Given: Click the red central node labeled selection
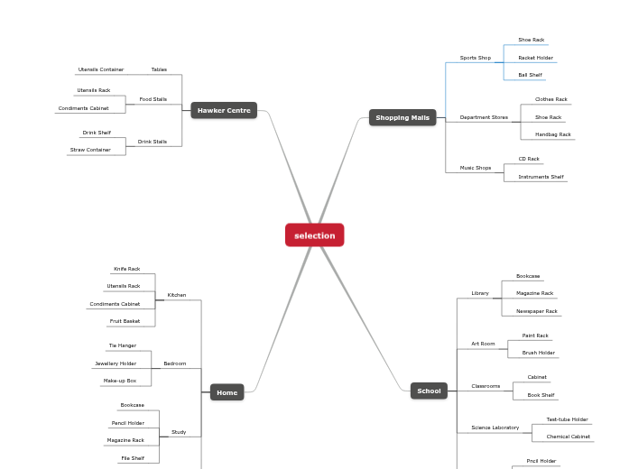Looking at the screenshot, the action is [x=314, y=235].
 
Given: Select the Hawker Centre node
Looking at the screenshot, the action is [x=224, y=110].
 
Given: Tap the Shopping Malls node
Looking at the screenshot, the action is [x=402, y=117].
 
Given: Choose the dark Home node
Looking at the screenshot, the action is [x=227, y=392].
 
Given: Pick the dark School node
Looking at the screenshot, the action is [x=429, y=391].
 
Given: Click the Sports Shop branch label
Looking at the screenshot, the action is [x=475, y=58].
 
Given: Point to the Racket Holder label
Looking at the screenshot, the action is [x=535, y=58].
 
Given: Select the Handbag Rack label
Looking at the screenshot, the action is [x=552, y=134].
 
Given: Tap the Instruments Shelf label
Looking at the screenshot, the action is [x=541, y=177].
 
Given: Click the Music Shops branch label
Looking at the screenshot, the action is [x=476, y=168].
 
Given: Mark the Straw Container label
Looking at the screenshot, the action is [x=90, y=150].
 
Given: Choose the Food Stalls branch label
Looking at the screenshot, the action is [x=153, y=99].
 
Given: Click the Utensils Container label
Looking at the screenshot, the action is [x=101, y=69].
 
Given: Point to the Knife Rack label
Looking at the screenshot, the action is [x=126, y=269].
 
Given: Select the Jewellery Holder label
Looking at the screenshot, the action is [x=116, y=363].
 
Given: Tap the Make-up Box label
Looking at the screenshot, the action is [x=120, y=381].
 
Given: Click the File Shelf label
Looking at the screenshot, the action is [x=132, y=458].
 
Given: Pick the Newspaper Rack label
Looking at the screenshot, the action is [x=536, y=311].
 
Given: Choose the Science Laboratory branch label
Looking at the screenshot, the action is [x=495, y=428].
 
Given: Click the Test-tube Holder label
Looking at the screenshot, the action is [x=567, y=419].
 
